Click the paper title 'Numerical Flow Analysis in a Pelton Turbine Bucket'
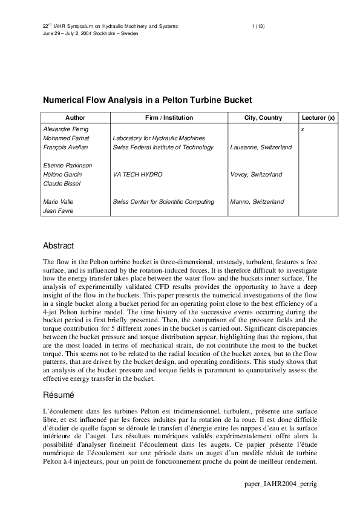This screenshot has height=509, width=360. coord(146,100)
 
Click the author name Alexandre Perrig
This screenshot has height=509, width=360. coord(66,129)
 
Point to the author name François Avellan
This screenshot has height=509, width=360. coord(65,148)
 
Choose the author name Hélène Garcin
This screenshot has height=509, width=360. coord(63,174)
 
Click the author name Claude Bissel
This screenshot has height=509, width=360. coord(62,183)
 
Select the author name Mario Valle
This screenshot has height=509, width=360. coord(59,201)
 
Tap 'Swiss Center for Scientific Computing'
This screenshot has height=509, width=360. coord(163,201)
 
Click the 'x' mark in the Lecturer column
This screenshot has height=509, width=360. coord(303,129)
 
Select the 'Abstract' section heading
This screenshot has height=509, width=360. coord(58,246)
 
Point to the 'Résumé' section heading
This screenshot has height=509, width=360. coord(58,395)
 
